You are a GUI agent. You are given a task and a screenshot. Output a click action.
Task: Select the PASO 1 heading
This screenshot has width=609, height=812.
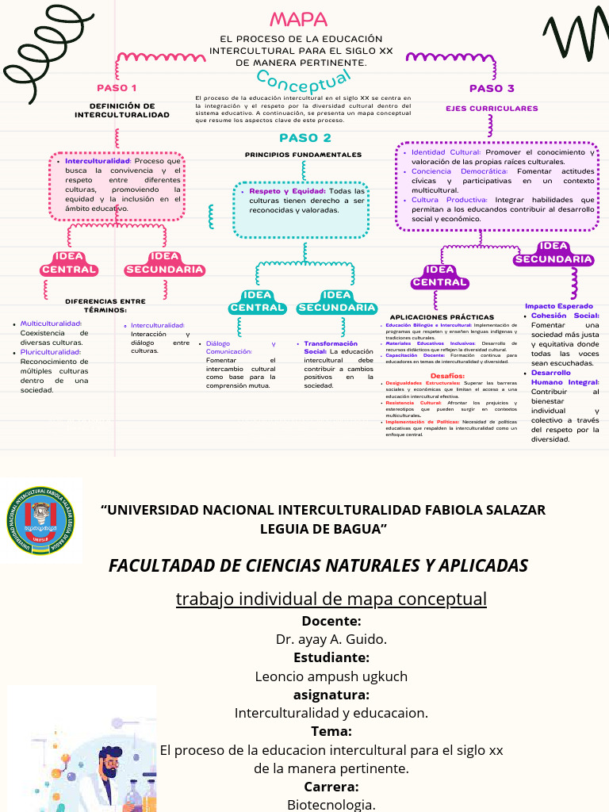coord(117,88)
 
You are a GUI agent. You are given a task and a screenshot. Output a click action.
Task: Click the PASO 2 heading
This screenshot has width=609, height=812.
coord(304,138)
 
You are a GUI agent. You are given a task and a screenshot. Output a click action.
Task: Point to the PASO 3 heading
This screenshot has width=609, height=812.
coord(492,89)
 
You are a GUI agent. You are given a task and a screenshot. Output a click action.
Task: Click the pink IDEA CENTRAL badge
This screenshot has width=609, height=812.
coord(69,263)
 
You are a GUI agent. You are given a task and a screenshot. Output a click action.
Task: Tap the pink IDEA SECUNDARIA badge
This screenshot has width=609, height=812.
coord(165,263)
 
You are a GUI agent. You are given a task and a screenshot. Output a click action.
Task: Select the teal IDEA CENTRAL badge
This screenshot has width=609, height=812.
coord(257,301)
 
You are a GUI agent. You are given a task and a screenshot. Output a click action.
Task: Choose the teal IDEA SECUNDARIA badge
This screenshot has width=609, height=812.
coord(337,301)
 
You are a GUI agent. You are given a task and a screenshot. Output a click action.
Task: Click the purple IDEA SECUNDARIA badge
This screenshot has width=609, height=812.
coord(553,253)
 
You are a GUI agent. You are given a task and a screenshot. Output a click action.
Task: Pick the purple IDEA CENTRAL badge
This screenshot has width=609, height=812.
coord(439,276)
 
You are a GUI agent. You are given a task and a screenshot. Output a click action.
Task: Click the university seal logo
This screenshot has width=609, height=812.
coord(41,520)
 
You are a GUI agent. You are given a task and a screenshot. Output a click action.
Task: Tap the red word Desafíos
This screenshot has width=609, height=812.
coord(447,375)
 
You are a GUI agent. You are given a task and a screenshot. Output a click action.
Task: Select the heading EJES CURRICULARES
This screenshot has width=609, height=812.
coord(492,109)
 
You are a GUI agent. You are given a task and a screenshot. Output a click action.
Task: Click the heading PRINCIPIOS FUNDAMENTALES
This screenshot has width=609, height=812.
coord(303,155)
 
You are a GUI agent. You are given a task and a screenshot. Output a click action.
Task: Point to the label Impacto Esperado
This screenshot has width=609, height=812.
coord(559,306)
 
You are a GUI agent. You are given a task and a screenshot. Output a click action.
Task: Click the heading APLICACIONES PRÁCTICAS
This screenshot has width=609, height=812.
coord(442,317)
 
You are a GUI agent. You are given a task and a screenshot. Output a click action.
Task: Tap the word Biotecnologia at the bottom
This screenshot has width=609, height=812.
coord(331,804)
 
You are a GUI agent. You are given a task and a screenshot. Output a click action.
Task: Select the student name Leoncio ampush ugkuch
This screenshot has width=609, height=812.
coord(331,676)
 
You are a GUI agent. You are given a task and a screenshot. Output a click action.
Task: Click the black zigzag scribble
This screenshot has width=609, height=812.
coord(575,40)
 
